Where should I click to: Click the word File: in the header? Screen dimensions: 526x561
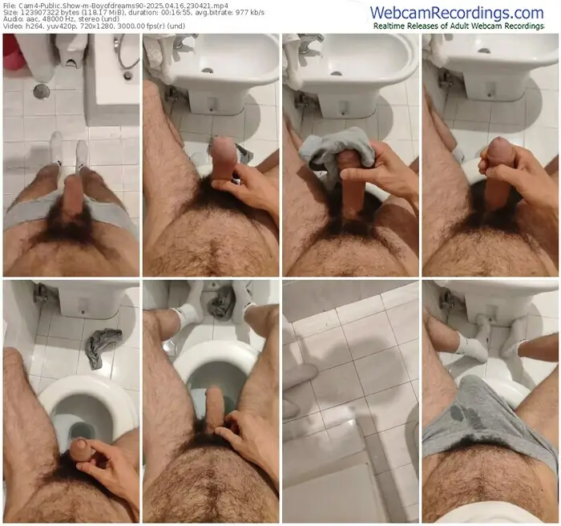(10, 6)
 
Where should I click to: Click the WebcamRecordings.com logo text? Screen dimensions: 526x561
(467, 12)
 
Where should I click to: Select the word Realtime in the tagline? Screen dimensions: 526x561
(393, 26)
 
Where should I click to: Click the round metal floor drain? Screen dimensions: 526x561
(40, 91)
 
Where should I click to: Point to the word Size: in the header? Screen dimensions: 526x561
(11, 14)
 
